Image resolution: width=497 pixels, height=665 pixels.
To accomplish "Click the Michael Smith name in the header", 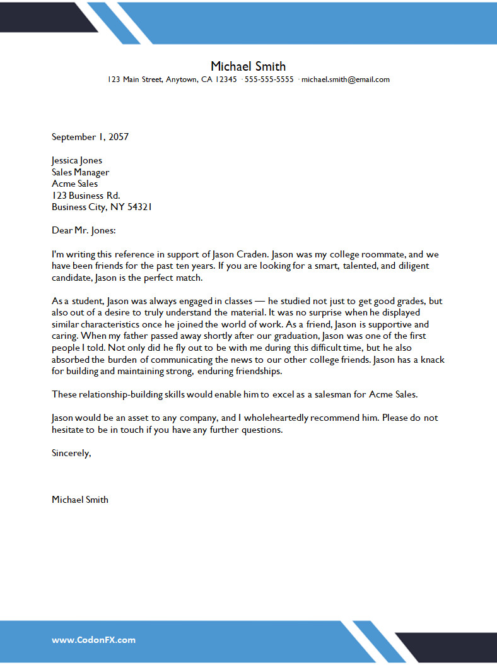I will (248, 66).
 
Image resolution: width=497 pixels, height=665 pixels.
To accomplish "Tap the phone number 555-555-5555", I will (269, 79).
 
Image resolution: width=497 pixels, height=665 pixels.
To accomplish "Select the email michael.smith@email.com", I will (346, 79).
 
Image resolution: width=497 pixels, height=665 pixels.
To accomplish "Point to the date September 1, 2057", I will (90, 136).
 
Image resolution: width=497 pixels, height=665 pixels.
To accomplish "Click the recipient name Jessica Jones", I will (77, 160).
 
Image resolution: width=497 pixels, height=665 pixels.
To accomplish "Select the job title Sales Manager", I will (80, 172).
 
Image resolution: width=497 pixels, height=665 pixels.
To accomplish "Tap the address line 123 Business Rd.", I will (86, 196).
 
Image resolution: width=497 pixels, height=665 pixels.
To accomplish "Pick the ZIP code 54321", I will (139, 207).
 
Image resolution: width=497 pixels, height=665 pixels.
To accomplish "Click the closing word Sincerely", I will (71, 453).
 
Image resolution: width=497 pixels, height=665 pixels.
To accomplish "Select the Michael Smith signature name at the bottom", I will (80, 500).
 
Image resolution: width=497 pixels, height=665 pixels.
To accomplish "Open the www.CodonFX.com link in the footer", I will (93, 640).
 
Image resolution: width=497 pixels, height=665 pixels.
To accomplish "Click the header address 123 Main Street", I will (135, 79).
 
